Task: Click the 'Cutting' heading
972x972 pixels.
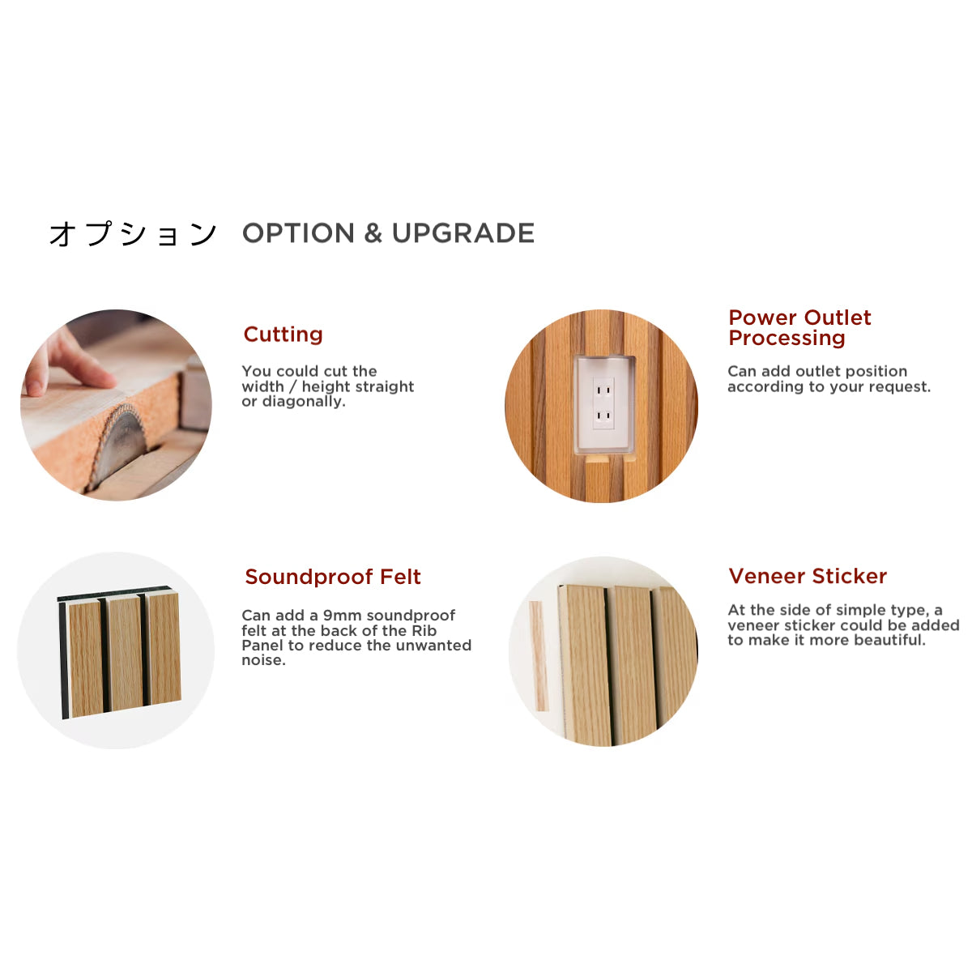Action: click(283, 335)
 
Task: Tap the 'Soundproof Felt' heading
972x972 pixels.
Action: click(332, 577)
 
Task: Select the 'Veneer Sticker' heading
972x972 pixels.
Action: click(807, 576)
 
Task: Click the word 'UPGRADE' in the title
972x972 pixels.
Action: click(463, 233)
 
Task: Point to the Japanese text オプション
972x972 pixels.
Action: click(133, 235)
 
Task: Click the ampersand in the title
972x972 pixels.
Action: click(373, 233)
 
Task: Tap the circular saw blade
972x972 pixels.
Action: click(120, 446)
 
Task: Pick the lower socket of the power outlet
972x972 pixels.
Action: click(603, 416)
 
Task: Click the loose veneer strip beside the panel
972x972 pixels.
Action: click(538, 656)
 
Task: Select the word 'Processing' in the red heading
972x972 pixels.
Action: click(787, 339)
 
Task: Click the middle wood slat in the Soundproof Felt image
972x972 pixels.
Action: click(124, 653)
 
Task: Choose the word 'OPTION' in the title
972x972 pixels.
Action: click(298, 233)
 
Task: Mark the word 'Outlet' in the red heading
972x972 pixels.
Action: click(838, 318)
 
